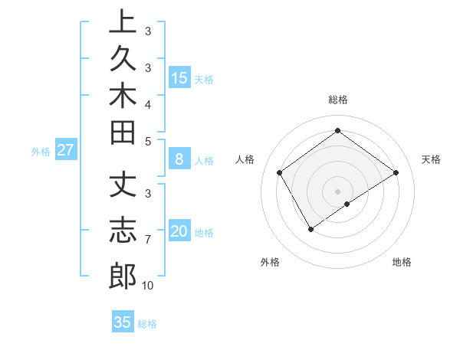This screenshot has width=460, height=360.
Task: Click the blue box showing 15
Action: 179,77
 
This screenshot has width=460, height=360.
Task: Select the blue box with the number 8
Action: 179,159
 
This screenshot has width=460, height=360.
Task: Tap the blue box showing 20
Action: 179,231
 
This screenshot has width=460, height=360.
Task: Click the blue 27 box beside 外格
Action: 65,150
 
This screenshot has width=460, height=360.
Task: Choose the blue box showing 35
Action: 123,322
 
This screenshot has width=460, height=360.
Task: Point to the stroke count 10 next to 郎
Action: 147,286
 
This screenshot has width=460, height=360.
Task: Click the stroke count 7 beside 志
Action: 147,240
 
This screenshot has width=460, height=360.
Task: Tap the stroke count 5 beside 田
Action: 147,141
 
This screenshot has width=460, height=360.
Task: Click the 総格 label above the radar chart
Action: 338,100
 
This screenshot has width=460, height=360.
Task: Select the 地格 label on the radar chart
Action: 402,262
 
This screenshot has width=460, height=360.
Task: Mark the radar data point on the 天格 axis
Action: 396,172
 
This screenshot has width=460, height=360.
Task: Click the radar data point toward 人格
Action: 280,172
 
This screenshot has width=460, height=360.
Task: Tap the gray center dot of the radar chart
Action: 338,191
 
